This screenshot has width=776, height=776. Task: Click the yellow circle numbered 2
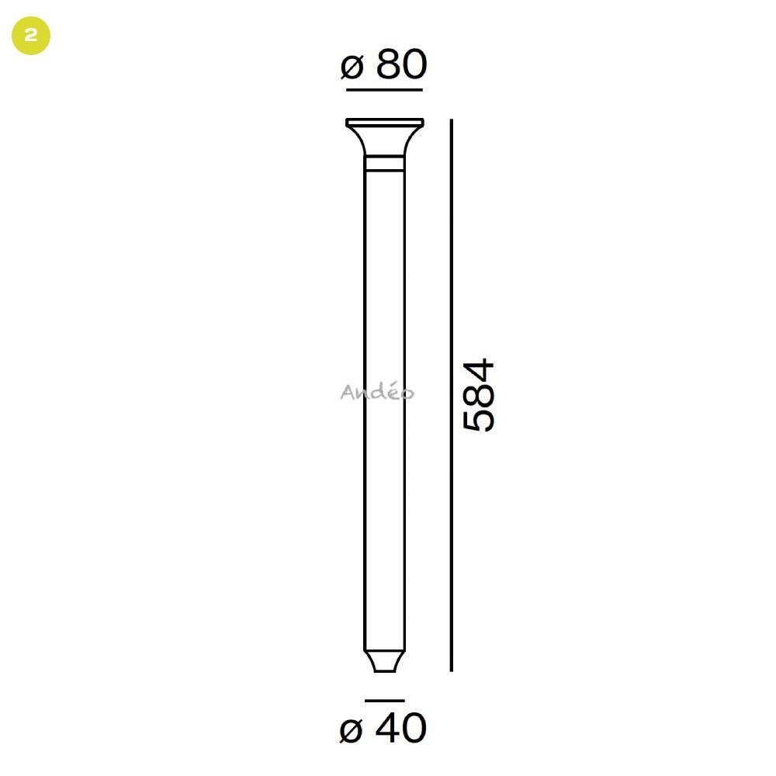[x=31, y=36]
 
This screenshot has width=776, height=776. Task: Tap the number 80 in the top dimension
[x=401, y=64]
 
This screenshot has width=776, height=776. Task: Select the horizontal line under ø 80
[x=385, y=90]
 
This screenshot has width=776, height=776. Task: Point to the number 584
[x=479, y=394]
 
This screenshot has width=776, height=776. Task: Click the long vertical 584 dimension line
[x=452, y=395]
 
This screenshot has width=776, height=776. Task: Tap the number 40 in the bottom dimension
[x=400, y=728]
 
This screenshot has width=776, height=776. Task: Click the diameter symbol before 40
[x=351, y=730]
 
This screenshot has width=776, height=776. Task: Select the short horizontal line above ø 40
[x=385, y=701]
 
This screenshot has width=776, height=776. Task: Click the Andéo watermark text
[x=377, y=391]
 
